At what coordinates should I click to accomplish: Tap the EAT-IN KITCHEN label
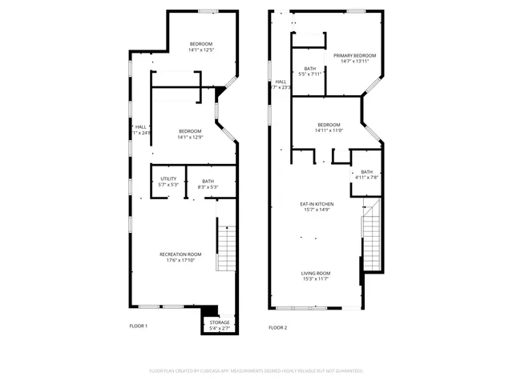pyautogui.click(x=318, y=204)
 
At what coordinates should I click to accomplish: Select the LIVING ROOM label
pyautogui.click(x=316, y=273)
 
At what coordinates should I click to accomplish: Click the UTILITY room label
pyautogui.click(x=168, y=178)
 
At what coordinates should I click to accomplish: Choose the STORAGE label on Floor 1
pyautogui.click(x=219, y=322)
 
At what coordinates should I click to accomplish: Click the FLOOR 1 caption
pyautogui.click(x=139, y=326)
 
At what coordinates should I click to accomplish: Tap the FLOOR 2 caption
pyautogui.click(x=277, y=327)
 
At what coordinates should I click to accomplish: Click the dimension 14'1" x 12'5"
pyautogui.click(x=200, y=50)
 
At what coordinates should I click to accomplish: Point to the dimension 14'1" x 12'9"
pyautogui.click(x=190, y=137)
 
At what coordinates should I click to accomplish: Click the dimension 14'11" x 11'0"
pyautogui.click(x=329, y=130)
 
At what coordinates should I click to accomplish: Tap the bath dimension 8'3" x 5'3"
pyautogui.click(x=208, y=187)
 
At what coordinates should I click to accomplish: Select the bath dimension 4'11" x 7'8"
pyautogui.click(x=366, y=177)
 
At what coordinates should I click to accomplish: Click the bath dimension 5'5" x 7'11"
pyautogui.click(x=309, y=74)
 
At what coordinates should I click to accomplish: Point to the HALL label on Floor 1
pyautogui.click(x=140, y=126)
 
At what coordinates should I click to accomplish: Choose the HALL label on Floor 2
pyautogui.click(x=281, y=82)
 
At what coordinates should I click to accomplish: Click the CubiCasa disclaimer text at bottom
pyautogui.click(x=256, y=370)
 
